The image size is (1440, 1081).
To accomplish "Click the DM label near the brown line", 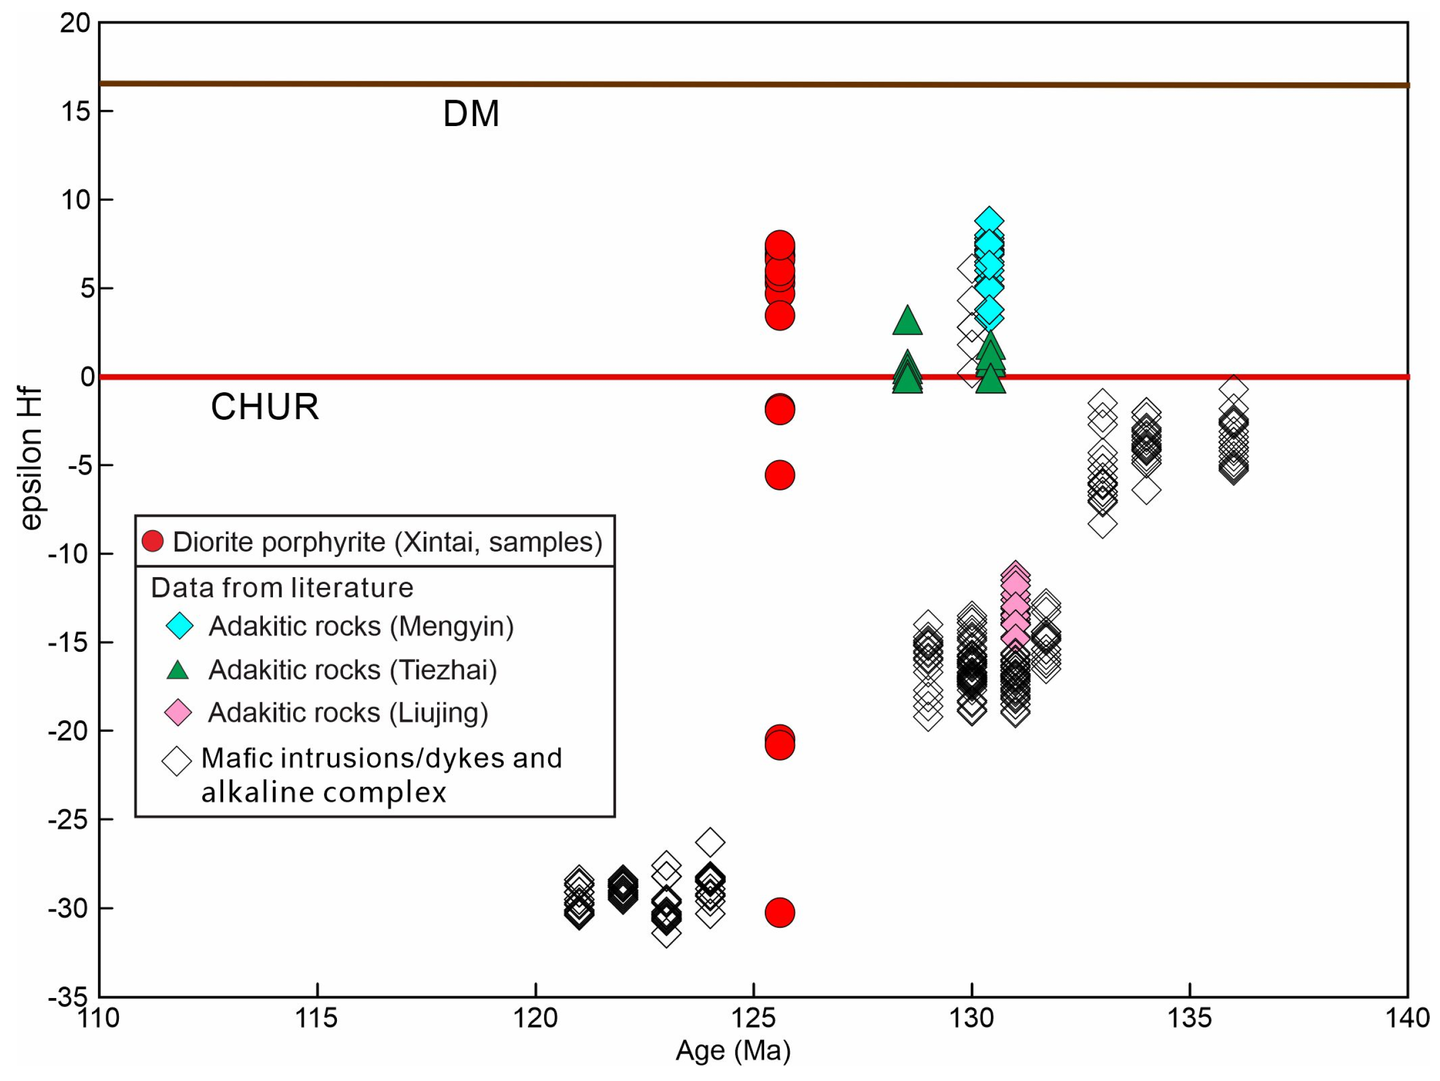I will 471,114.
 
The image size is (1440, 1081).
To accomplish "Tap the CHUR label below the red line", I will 265,407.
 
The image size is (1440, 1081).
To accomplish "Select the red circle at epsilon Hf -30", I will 779,912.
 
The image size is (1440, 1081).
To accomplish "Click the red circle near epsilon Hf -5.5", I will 779,475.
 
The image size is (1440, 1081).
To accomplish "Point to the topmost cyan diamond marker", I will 989,222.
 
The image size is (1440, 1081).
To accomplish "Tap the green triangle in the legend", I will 178,670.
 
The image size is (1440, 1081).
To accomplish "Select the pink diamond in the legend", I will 178,713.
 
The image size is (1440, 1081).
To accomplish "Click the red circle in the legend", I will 153,541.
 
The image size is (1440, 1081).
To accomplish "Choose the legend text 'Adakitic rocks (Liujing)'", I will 348,713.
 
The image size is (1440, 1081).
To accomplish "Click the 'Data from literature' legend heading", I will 283,588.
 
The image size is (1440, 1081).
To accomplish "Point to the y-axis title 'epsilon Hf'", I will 31,460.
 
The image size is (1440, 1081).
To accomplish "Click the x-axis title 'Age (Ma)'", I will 733,1050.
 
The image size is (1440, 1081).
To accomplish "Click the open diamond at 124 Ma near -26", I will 710,843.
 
